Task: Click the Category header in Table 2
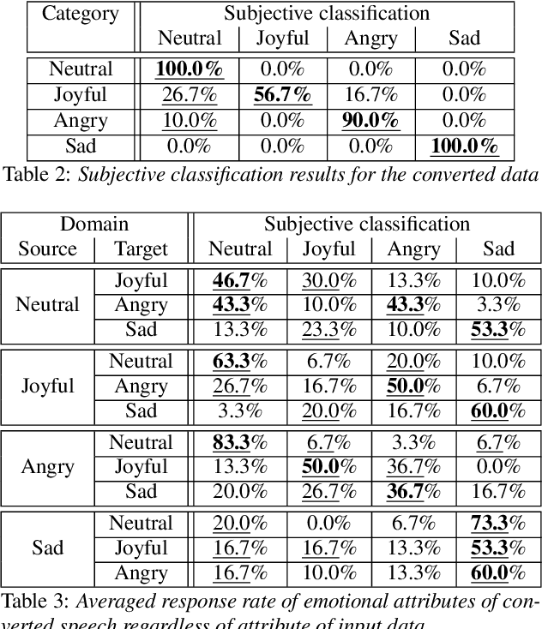pyautogui.click(x=81, y=14)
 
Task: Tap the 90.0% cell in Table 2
pyautogui.click(x=370, y=121)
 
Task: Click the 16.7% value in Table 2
pyautogui.click(x=370, y=94)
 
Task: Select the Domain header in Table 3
pyautogui.click(x=93, y=225)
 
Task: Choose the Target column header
pyautogui.click(x=142, y=249)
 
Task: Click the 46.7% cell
pyautogui.click(x=240, y=280)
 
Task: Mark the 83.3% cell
pyautogui.click(x=240, y=443)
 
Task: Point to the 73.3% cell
pyautogui.click(x=498, y=524)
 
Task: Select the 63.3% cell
pyautogui.click(x=240, y=362)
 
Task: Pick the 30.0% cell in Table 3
pyautogui.click(x=328, y=280)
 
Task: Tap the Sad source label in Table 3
pyautogui.click(x=47, y=548)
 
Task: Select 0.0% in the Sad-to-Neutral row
pyautogui.click(x=328, y=524)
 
